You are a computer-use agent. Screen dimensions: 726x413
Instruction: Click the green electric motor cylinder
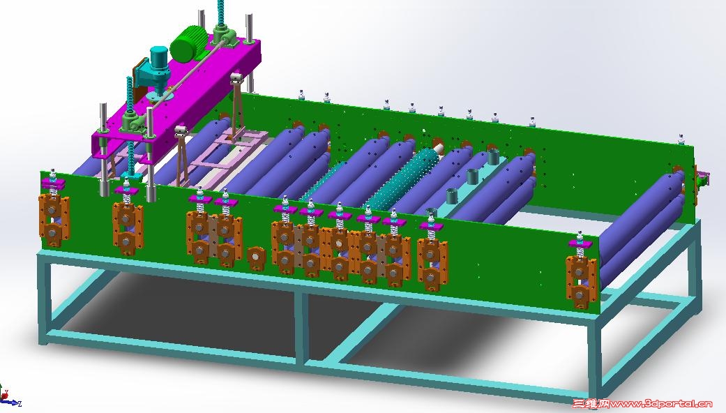point(187,43)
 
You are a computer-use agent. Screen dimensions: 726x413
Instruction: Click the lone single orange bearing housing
point(256,258)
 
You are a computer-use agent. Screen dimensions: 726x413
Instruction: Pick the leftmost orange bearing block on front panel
point(54,220)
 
